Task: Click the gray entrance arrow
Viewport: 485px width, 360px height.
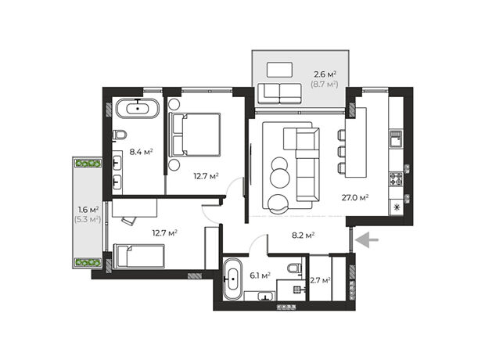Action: (x=367, y=240)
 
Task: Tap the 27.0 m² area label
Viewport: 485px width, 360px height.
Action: (x=355, y=197)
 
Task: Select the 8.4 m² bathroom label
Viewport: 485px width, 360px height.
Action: (x=141, y=152)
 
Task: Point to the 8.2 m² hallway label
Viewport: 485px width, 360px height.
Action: (x=304, y=236)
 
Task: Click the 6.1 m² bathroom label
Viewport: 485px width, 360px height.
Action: (x=260, y=275)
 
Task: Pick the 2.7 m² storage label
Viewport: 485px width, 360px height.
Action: (x=320, y=280)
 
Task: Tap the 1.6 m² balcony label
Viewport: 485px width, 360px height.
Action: (x=88, y=210)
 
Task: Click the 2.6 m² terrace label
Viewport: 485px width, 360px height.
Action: (x=325, y=74)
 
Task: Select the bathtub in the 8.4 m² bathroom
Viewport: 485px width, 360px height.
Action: (x=138, y=108)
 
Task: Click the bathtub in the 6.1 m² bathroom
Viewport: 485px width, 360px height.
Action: (x=232, y=279)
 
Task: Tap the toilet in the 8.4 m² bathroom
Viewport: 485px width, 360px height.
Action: (x=120, y=135)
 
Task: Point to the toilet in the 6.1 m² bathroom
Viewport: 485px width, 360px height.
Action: (x=294, y=268)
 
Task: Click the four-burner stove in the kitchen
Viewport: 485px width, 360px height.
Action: (x=396, y=179)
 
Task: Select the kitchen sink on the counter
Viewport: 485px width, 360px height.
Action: (x=396, y=139)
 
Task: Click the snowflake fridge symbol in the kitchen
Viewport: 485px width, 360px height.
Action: (x=396, y=207)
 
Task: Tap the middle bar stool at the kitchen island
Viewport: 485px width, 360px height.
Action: (x=342, y=152)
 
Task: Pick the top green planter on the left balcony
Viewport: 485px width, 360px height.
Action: (x=88, y=164)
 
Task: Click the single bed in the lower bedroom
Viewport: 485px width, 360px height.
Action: (x=139, y=256)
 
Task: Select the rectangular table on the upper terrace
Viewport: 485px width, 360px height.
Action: (x=279, y=70)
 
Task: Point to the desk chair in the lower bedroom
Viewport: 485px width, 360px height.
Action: (x=128, y=220)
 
